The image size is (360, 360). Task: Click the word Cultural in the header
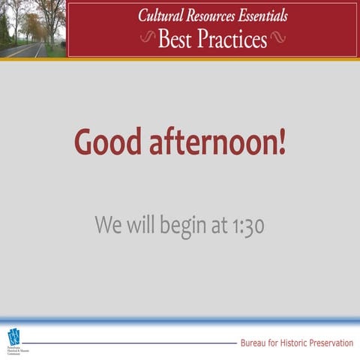pos(160,16)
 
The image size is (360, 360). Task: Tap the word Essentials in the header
pos(262,16)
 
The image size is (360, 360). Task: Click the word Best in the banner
pos(175,39)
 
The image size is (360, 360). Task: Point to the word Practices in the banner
pos(232,39)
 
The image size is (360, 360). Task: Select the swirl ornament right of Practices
pos(277,39)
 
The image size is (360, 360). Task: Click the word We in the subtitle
pos(106,224)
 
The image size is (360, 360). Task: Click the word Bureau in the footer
pos(254,343)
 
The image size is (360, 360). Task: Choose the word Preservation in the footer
pos(331,343)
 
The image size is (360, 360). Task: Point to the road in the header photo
pos(26,51)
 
